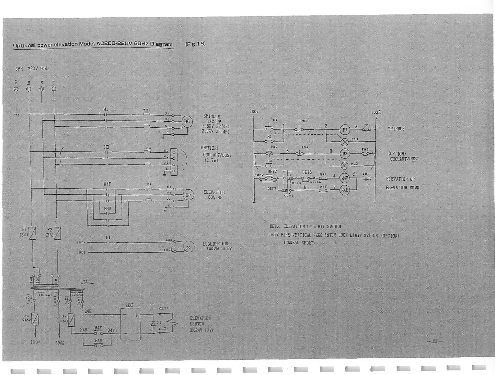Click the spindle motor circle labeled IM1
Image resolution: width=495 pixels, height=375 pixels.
187,122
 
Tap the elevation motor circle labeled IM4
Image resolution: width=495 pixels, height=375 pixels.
188,195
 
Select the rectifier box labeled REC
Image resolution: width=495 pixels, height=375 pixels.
130,324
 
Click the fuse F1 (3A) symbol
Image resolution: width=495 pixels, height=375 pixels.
32,233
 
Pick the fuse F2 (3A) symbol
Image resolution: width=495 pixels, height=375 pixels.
57,233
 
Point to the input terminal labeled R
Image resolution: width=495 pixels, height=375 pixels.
29,89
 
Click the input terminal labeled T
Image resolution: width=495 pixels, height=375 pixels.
54,89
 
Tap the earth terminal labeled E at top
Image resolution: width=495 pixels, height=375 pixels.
16,89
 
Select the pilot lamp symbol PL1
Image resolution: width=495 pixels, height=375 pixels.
345,142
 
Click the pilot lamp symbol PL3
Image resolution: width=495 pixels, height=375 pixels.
345,165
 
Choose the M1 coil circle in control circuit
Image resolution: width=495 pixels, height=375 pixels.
345,130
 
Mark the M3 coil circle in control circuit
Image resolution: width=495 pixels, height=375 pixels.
345,154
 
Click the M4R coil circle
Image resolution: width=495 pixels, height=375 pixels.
345,190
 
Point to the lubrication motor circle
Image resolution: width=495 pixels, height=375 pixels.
188,247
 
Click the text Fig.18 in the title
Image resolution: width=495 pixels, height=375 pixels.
196,44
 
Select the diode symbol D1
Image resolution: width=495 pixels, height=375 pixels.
153,323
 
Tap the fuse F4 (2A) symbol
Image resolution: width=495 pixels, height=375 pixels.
71,320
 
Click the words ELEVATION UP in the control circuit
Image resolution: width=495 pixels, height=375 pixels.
400,179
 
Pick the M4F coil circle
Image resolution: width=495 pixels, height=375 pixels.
345,178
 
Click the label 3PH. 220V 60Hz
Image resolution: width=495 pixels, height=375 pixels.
32,69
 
